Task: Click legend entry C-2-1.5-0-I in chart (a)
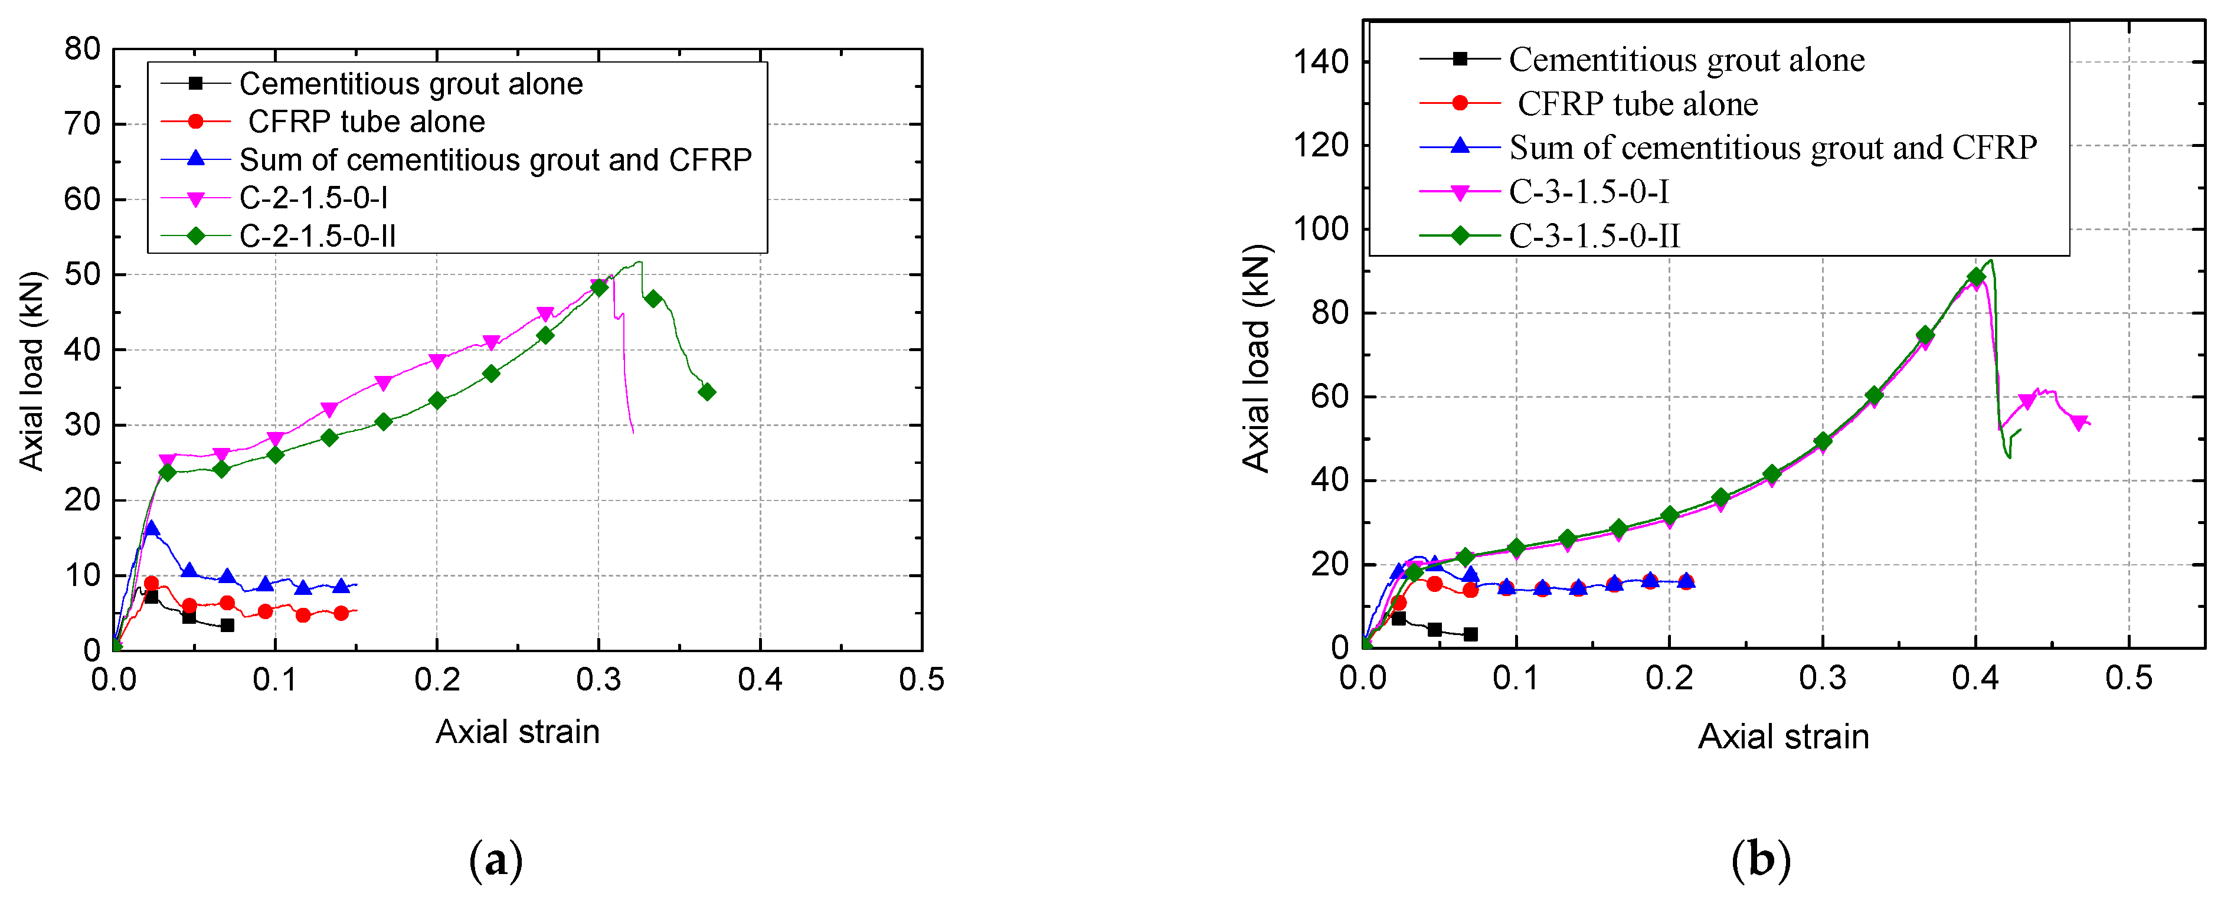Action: [313, 198]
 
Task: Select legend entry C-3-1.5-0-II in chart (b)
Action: [1594, 235]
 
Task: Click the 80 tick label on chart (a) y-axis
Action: [82, 49]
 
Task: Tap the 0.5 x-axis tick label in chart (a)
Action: [921, 680]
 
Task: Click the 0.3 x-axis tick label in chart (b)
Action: [1822, 678]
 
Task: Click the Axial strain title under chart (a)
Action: [517, 732]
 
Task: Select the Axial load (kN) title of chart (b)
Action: [1255, 359]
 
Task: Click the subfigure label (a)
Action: [496, 859]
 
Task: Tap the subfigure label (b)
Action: [1761, 859]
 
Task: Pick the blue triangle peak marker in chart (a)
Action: [152, 528]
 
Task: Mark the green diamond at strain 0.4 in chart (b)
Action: [1976, 277]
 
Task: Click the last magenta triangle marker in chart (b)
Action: [2079, 423]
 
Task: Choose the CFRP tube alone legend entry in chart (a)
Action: [365, 122]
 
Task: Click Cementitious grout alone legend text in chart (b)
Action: [1686, 60]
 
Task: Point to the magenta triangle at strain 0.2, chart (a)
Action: [437, 361]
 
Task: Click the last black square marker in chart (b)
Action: [1471, 634]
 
